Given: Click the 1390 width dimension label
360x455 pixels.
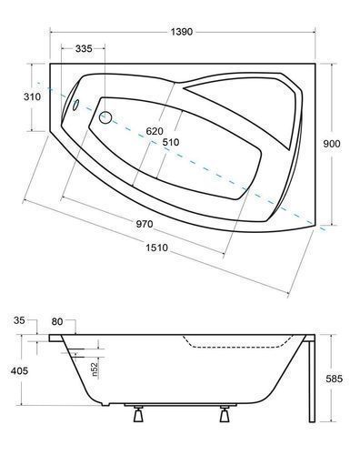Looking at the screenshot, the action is click(x=182, y=32).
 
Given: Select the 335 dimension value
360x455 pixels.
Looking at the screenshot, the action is click(x=84, y=48).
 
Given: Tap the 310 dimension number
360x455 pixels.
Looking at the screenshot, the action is click(x=32, y=96).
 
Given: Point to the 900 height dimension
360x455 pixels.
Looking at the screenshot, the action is click(x=332, y=144).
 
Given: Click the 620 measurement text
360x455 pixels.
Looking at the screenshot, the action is click(x=155, y=131).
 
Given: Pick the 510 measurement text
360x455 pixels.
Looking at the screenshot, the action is click(x=171, y=142).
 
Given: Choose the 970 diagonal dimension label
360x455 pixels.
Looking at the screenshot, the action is click(x=145, y=224).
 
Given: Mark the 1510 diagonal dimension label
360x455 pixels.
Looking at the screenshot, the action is click(x=156, y=248).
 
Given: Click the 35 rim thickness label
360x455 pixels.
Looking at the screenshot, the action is click(x=19, y=320).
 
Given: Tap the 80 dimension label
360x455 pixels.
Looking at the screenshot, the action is click(x=57, y=321).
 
